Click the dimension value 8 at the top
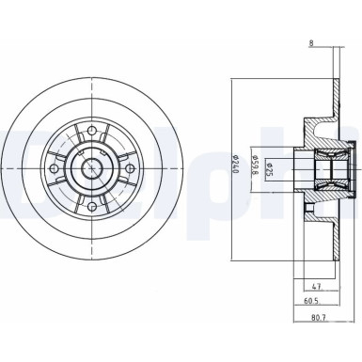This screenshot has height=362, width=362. tap(311, 41)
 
